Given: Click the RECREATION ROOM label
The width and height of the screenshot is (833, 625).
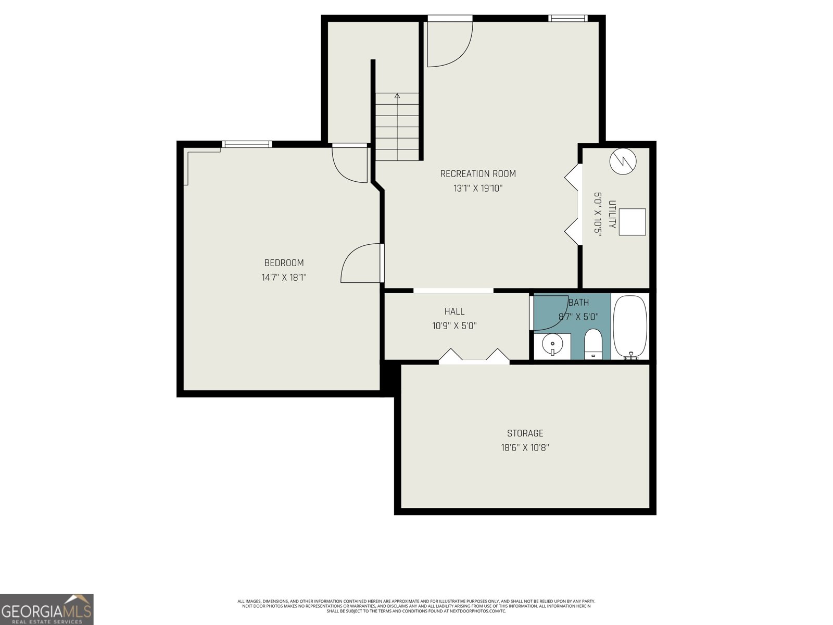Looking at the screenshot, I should (478, 173).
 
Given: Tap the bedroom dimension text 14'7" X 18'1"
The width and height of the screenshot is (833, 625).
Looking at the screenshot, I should (284, 278).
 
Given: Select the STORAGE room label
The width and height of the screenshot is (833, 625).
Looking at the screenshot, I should (525, 433).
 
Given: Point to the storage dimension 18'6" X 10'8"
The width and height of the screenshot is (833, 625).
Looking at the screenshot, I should (525, 447).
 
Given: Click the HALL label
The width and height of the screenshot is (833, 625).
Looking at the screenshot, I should (454, 311).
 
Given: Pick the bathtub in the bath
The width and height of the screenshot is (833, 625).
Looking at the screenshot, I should (630, 327).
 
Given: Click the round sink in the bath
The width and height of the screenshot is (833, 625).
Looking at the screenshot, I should (551, 344).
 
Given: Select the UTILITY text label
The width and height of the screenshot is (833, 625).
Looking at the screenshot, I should (612, 214).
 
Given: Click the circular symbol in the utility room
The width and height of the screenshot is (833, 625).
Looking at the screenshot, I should (623, 161).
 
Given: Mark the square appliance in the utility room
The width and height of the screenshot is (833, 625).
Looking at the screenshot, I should (632, 222).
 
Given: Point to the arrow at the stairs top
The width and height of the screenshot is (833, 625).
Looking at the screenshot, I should (397, 96).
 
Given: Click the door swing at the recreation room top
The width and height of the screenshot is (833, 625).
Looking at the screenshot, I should (449, 44).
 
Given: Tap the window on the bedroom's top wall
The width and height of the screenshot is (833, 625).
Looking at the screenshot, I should (246, 144).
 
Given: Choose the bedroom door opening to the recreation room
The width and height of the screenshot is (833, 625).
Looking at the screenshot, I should (362, 264).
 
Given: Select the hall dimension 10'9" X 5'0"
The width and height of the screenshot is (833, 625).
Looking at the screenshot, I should (454, 326).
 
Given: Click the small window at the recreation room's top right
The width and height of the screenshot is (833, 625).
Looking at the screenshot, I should (567, 19).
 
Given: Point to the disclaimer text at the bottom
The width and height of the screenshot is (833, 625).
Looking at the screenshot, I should (416, 606).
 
